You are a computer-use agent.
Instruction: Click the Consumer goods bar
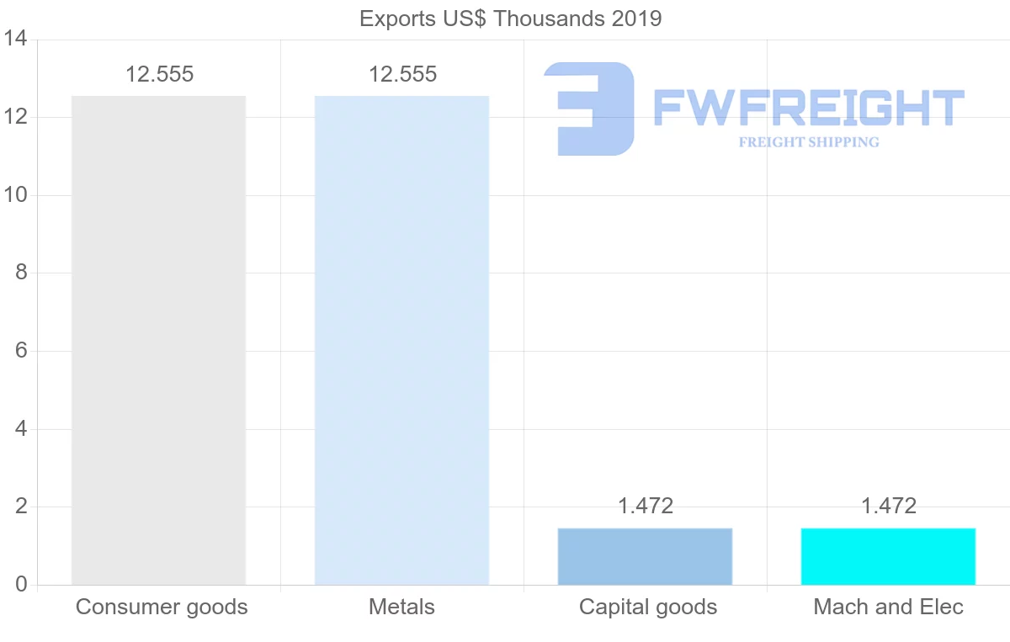coord(158,340)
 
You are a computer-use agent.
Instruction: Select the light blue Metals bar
coord(401,340)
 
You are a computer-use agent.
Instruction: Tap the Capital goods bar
coord(645,556)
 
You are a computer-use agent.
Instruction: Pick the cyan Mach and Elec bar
coord(888,556)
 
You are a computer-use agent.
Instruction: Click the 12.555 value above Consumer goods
coord(159,74)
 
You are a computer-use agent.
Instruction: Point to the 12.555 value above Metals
coord(402,74)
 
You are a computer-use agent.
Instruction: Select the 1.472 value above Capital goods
coord(646,506)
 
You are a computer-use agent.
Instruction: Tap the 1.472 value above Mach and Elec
coord(888,506)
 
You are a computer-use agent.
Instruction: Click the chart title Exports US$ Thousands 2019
coord(510,19)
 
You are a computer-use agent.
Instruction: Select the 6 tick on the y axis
coord(21,351)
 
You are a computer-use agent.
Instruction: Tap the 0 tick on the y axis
coord(21,585)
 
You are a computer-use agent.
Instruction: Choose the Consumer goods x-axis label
coord(162,607)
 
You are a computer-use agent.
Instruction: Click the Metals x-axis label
coord(401,607)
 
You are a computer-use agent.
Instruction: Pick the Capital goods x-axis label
coord(648,607)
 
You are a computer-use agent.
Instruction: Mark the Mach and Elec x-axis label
coord(888,607)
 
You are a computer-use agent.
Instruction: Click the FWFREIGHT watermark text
coord(808,108)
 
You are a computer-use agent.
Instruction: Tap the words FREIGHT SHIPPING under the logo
coord(808,142)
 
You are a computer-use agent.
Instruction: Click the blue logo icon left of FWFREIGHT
coord(589,109)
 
